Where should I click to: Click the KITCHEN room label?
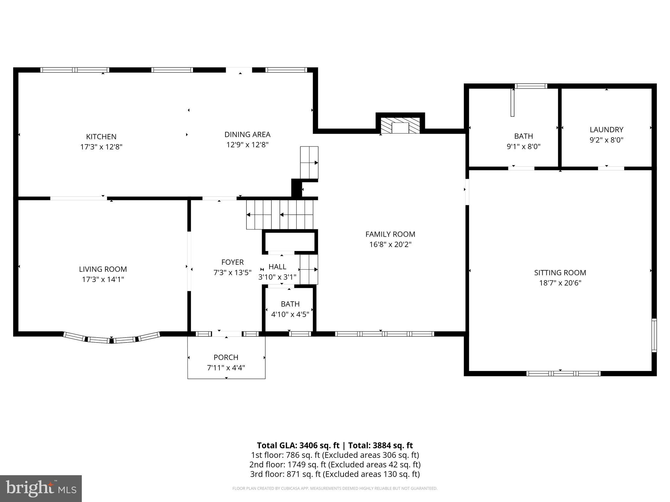[101, 137]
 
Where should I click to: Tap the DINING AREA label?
[247, 134]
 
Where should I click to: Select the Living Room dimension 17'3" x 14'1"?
[103, 279]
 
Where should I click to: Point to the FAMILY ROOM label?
[390, 234]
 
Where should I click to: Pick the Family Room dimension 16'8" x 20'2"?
[390, 244]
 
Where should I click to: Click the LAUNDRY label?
[607, 129]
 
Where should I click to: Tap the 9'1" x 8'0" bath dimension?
[523, 146]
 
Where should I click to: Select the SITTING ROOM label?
[560, 273]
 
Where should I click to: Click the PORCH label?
[226, 357]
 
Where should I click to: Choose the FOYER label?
[233, 262]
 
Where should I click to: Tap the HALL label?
[277, 267]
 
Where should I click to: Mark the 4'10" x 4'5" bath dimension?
[290, 314]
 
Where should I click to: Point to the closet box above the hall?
[290, 242]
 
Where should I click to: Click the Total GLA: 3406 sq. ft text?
[298, 445]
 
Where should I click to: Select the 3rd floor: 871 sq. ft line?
[335, 474]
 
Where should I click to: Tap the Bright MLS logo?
[41, 488]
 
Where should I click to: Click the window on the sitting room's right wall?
[654, 335]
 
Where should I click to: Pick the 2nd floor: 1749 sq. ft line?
[335, 464]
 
